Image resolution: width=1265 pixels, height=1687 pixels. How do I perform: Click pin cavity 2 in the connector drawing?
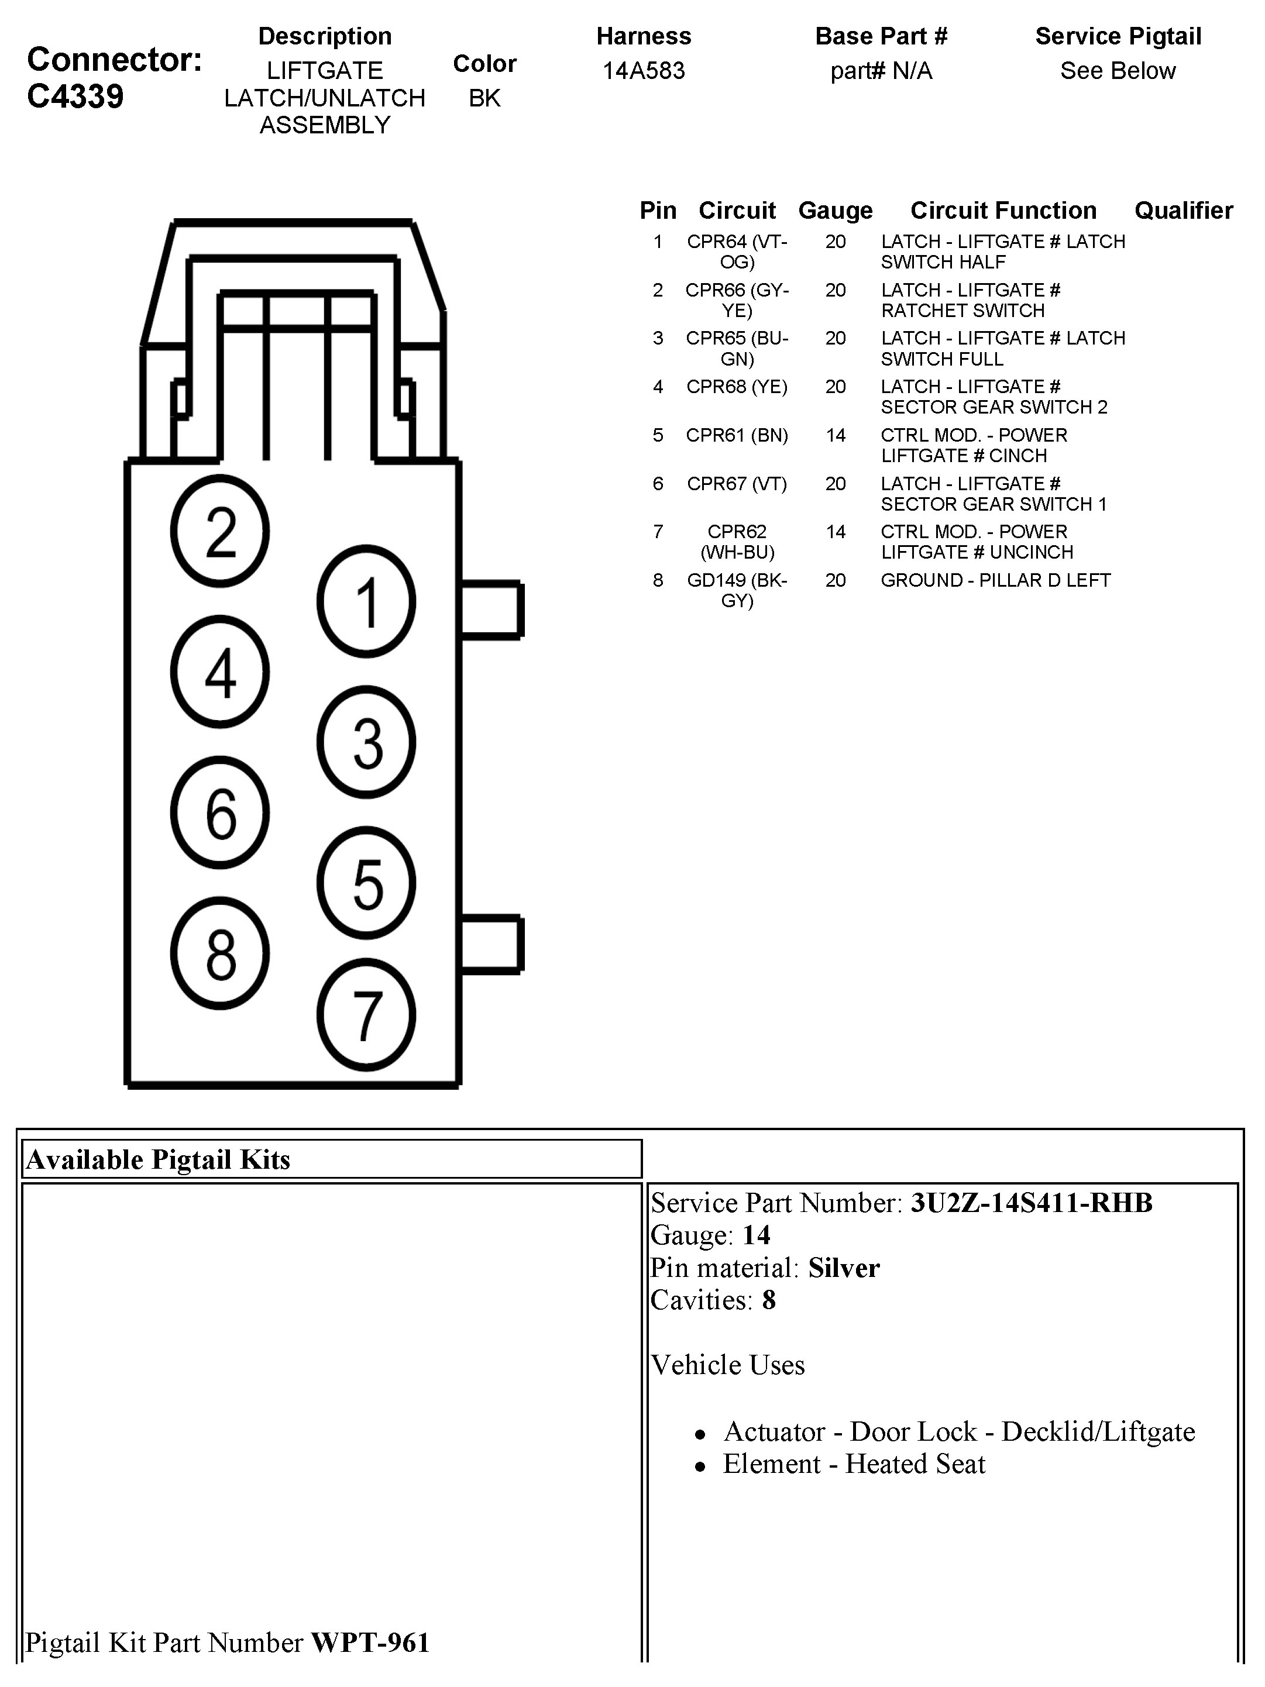220,531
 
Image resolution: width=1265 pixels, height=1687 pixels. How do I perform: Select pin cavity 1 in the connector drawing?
366,602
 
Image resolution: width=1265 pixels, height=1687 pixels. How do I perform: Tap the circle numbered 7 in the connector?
366,1015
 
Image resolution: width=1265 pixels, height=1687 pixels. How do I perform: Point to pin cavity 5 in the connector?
366,883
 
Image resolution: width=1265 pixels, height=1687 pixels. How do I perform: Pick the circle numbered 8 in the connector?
220,953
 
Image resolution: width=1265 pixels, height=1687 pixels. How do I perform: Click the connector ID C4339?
75,97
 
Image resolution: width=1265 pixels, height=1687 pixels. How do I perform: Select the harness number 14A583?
643,71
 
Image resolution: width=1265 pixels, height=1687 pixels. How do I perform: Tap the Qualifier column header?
1183,211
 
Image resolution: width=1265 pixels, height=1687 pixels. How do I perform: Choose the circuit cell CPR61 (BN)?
736,435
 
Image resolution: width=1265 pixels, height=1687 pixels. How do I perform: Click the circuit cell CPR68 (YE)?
736,387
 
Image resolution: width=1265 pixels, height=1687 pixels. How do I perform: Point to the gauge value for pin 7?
836,532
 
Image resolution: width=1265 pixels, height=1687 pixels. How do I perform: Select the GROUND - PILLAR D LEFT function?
995,580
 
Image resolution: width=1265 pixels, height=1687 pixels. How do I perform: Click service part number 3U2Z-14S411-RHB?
1031,1203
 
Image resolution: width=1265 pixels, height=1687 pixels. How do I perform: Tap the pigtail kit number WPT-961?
370,1642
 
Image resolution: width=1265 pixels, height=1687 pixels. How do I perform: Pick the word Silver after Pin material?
844,1268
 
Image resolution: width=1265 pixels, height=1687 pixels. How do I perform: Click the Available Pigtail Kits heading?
159,1159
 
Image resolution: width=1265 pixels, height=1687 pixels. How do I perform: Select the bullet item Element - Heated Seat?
854,1464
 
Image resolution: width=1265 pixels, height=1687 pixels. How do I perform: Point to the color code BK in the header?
484,98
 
